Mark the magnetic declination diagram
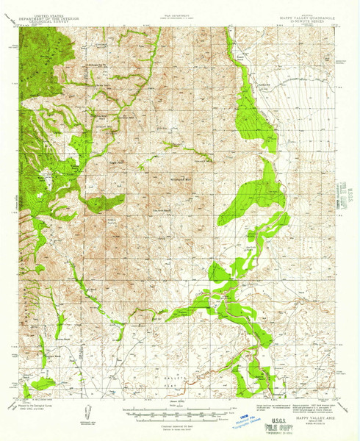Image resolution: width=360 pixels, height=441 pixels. (x=86, y=412)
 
